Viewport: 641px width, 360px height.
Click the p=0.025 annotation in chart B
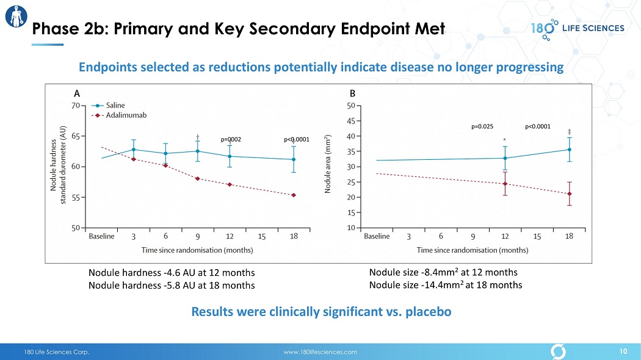coord(482,127)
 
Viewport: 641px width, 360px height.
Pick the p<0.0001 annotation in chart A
coord(297,140)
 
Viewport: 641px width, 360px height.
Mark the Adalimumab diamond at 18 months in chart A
coord(294,195)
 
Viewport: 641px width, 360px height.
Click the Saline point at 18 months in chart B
coord(569,149)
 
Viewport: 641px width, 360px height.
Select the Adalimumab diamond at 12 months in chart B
coord(505,184)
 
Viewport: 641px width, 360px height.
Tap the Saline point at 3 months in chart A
coord(133,149)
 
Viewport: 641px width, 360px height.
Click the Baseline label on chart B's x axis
coord(377,237)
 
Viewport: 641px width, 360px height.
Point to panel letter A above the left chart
coord(77,94)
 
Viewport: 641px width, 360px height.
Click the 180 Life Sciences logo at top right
coord(577,28)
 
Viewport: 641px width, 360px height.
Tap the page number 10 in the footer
coord(623,351)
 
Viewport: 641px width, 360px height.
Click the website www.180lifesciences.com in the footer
coord(320,352)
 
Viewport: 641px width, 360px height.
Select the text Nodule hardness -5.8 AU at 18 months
coord(172,285)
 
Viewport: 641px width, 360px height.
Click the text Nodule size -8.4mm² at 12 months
coord(443,272)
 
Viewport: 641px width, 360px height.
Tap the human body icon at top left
coord(15,16)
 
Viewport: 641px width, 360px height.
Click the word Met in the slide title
coord(426,28)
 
